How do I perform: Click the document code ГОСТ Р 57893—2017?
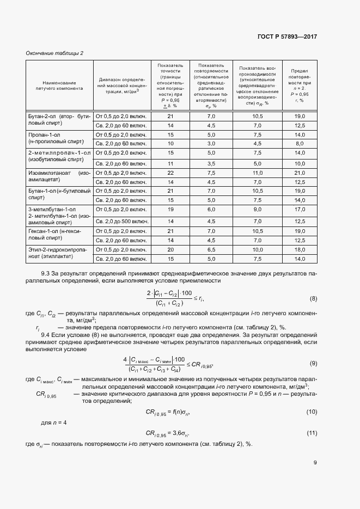coord(286,36)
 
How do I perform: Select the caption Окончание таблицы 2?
coord(55,53)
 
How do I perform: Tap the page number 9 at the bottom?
coord(315,463)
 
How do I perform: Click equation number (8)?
coord(313,299)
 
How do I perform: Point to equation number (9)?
coord(313,363)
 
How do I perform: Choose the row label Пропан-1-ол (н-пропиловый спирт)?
coord(59,138)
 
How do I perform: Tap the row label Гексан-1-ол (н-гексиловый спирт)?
coord(59,235)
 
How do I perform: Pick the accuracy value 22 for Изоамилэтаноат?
coord(170,173)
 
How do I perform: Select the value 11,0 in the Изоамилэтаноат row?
coord(258,173)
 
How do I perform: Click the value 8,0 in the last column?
coord(299,143)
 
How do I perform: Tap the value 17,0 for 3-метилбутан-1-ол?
coord(299,208)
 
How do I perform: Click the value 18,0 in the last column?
coord(299,249)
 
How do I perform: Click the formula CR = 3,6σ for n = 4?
coord(170,433)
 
